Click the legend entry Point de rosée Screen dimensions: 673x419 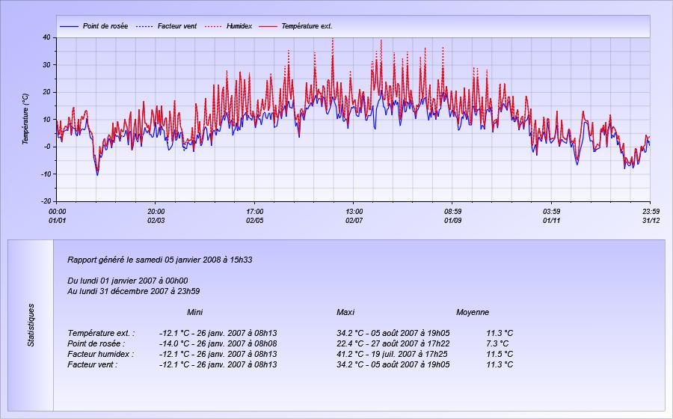click(x=94, y=26)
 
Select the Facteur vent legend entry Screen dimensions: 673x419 click(x=166, y=26)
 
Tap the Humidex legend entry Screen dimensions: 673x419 click(x=228, y=26)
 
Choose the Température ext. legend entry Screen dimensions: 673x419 click(x=295, y=26)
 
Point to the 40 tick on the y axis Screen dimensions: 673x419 click(x=47, y=37)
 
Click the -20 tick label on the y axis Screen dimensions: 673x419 click(x=46, y=201)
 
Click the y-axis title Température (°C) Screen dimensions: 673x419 click(x=25, y=119)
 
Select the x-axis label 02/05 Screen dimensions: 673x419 click(x=254, y=221)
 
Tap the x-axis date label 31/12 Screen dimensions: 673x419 click(x=651, y=221)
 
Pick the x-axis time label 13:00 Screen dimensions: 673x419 click(x=354, y=212)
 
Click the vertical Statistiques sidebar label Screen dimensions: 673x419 click(x=31, y=325)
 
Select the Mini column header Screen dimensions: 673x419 click(x=195, y=312)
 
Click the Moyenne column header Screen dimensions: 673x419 click(x=473, y=312)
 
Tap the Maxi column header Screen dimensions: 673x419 click(x=345, y=312)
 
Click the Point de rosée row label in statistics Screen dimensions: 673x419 click(x=96, y=344)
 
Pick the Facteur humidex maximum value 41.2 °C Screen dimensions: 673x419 click(x=351, y=354)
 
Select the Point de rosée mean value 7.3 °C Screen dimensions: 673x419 click(x=497, y=344)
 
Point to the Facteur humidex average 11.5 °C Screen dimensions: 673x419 click(x=500, y=354)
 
